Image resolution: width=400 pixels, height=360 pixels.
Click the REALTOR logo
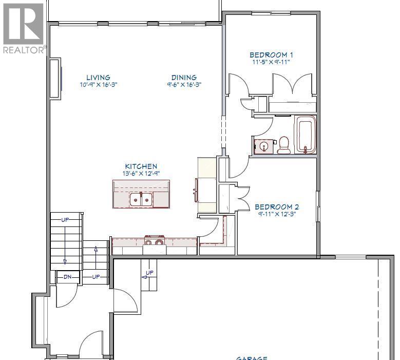coord(24,28)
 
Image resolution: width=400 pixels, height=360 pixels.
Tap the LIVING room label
coord(98,78)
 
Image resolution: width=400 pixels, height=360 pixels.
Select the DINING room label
coord(184,78)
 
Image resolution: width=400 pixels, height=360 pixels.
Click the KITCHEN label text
coord(141,166)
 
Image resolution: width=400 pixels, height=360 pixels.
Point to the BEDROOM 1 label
coord(271,55)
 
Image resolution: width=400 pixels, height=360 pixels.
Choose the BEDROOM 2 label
coord(277,207)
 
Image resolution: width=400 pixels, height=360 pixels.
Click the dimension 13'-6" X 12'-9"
coord(141,174)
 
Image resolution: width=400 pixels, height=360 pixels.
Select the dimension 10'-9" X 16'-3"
coord(98,85)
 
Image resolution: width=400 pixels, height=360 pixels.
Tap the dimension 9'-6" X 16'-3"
coord(184,85)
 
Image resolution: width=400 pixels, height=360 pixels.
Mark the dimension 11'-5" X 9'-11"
coord(271,62)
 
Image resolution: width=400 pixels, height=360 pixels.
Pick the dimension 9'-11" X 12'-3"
coord(277,214)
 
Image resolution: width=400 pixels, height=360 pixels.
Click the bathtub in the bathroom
coord(305,135)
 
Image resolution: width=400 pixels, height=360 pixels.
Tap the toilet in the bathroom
coord(283,145)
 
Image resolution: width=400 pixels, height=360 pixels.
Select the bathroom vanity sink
coord(264,146)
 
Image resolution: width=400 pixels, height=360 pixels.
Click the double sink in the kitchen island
coord(141,198)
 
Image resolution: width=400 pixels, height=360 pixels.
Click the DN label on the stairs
coord(67,277)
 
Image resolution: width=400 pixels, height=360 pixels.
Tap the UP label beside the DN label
coord(96,277)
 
